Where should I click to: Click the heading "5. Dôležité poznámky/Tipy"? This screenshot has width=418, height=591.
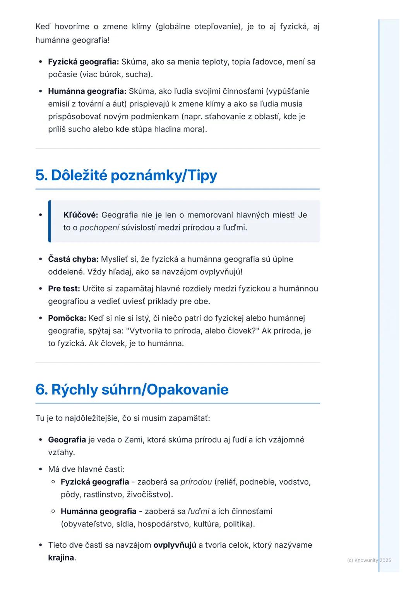click(x=126, y=175)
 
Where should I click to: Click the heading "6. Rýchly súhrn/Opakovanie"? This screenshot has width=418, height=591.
click(x=132, y=389)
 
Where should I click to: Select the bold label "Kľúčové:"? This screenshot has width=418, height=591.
click(x=81, y=215)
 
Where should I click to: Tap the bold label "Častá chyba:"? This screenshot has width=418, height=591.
click(x=73, y=259)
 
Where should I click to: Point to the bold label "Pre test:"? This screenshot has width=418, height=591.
click(x=64, y=289)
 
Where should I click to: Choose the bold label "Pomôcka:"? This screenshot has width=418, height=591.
click(x=67, y=318)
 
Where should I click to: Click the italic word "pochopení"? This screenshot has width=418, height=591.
click(x=99, y=228)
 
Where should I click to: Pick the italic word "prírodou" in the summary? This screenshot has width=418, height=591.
click(x=196, y=482)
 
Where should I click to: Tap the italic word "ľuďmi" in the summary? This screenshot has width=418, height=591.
click(x=199, y=512)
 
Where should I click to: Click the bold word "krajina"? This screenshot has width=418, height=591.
click(x=61, y=558)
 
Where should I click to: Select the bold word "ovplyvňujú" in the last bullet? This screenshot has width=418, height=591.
click(x=175, y=545)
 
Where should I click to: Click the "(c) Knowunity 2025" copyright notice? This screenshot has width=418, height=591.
click(x=369, y=560)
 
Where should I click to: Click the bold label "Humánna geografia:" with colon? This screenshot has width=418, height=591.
click(x=87, y=92)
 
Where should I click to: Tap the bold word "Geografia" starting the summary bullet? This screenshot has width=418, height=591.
click(x=67, y=440)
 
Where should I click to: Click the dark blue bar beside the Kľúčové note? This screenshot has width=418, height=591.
click(x=50, y=221)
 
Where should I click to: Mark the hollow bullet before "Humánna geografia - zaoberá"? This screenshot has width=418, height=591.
click(x=53, y=511)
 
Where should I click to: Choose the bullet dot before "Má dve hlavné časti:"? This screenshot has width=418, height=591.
click(x=41, y=470)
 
